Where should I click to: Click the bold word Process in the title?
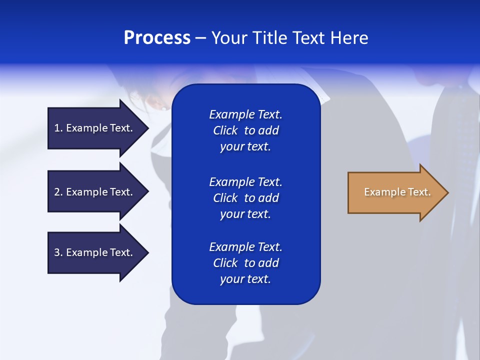[157, 38]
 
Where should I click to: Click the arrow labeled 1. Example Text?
[95, 128]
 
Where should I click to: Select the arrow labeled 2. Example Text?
[95, 192]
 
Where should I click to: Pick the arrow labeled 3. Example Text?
[95, 252]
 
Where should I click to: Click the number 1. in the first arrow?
[58, 128]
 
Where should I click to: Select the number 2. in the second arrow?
[58, 192]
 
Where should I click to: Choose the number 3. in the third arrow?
[58, 252]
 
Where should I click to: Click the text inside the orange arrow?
[397, 192]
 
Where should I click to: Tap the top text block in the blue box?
[245, 130]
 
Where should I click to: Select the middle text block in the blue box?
[245, 198]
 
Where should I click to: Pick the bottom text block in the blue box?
[245, 263]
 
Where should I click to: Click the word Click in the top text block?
[225, 130]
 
